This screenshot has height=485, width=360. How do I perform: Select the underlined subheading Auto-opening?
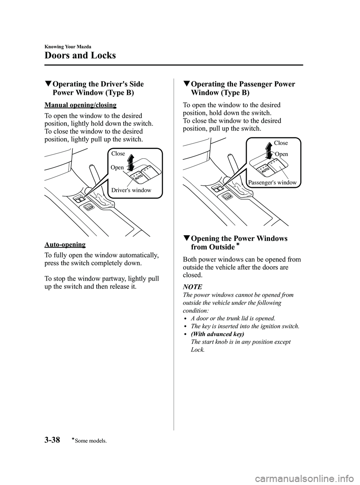click(65, 245)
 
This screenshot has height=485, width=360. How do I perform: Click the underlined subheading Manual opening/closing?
click(80, 105)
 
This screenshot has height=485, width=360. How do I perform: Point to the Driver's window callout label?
click(131, 190)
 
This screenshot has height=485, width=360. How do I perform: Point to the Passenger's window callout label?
click(272, 183)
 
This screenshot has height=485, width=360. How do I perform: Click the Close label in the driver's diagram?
click(118, 153)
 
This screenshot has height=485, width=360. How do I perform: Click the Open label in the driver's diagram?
click(117, 168)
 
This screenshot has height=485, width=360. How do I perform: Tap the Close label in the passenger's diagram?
click(281, 143)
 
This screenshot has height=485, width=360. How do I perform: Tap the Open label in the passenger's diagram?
click(281, 154)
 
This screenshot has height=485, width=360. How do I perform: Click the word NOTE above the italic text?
click(192, 287)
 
